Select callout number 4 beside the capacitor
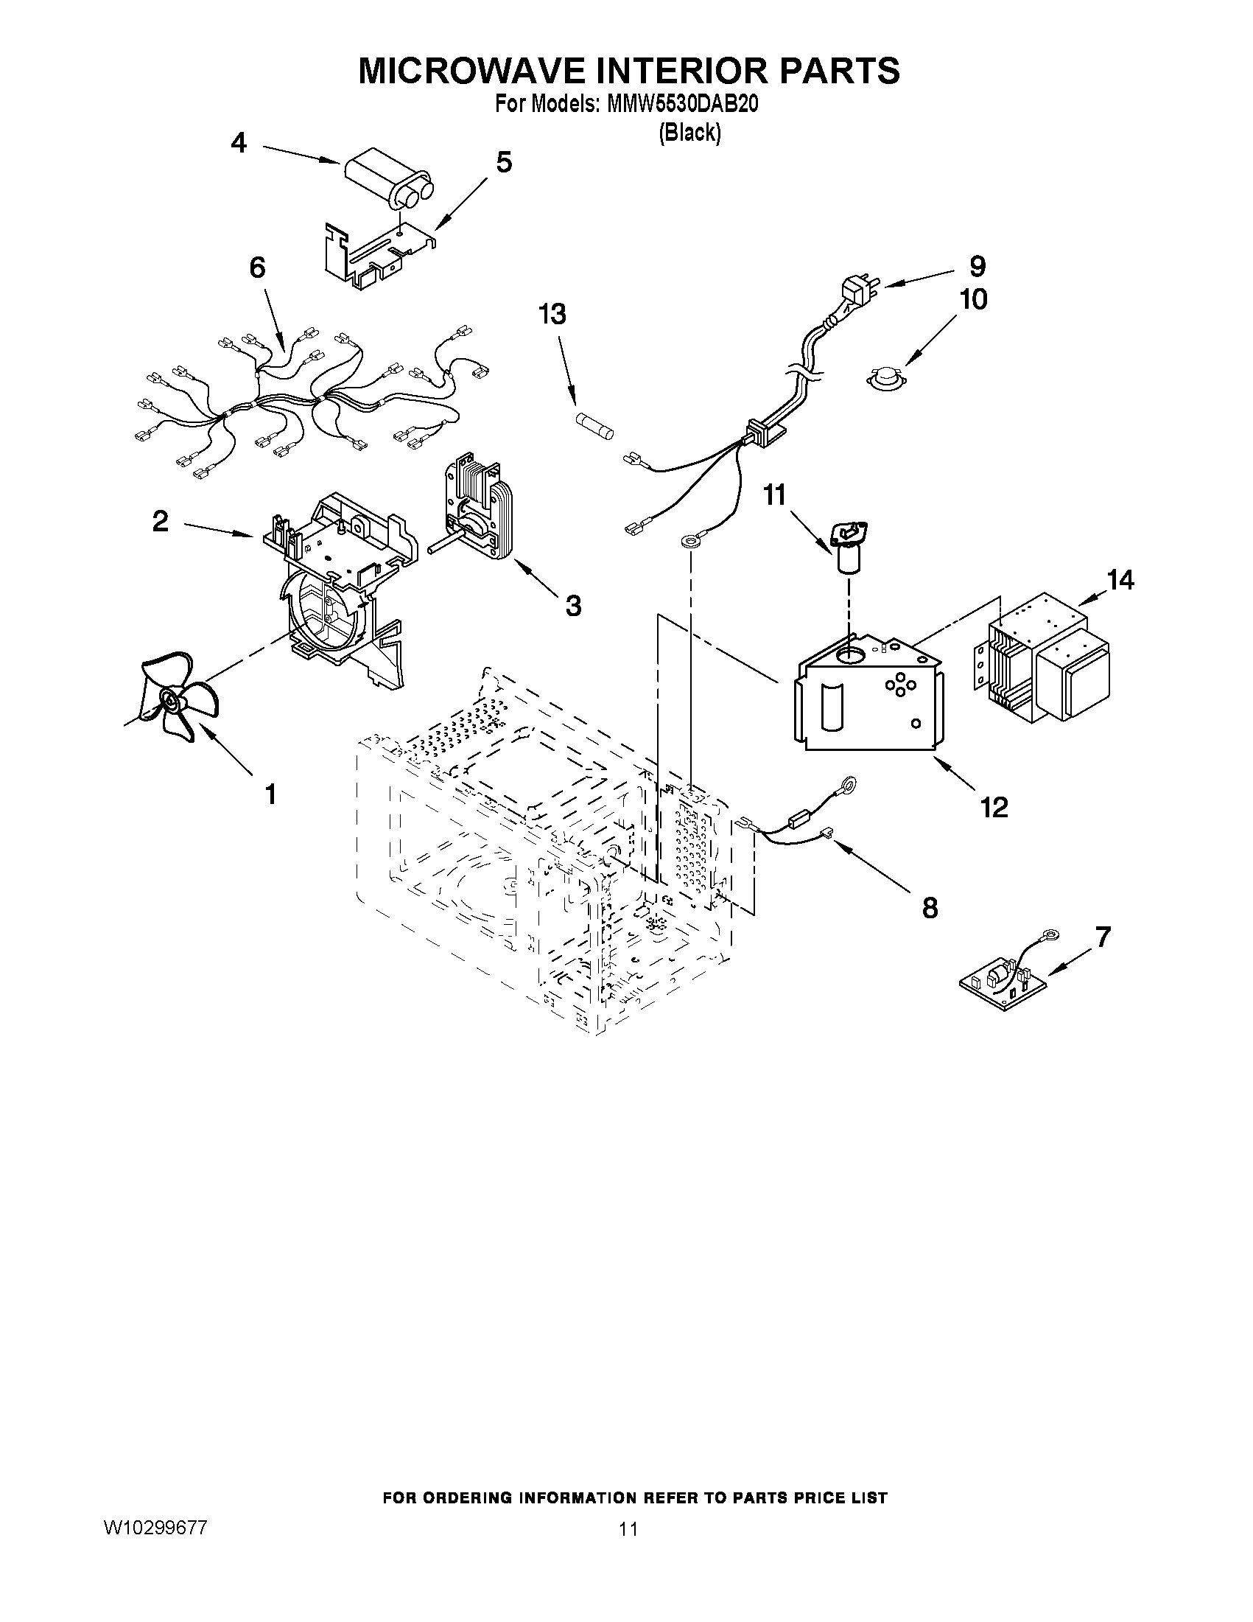click(x=238, y=142)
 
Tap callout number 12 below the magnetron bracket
click(x=994, y=806)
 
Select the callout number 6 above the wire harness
click(x=257, y=268)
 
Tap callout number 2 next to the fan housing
click(x=160, y=522)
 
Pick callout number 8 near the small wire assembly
click(x=930, y=908)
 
